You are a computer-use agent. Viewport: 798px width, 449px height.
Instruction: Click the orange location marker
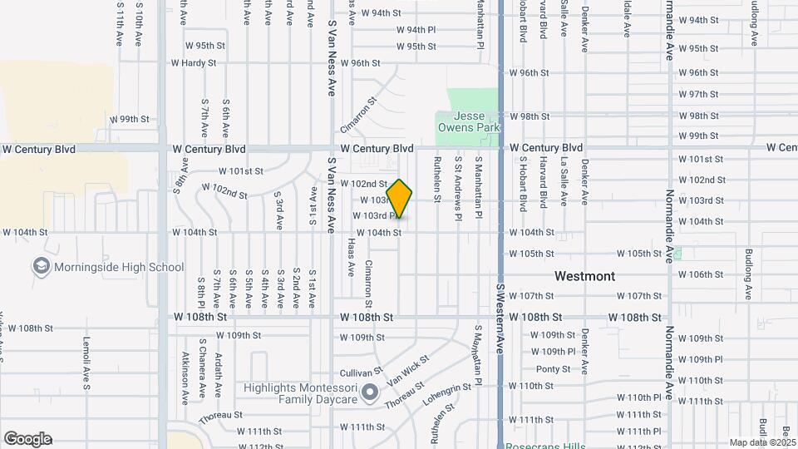[x=399, y=199]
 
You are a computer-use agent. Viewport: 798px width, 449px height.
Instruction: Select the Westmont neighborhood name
[x=585, y=276]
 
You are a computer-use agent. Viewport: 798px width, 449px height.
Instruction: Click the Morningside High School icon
[x=40, y=267]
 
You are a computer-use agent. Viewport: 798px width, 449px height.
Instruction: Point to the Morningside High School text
[x=119, y=267]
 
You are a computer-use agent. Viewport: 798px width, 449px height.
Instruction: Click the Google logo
[x=27, y=439]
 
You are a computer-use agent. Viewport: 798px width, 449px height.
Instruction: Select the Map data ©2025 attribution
[x=761, y=442]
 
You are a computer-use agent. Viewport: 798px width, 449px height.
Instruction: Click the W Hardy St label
[x=194, y=62]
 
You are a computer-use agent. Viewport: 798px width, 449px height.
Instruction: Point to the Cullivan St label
[x=360, y=372]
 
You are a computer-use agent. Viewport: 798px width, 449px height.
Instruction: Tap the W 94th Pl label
[x=416, y=29]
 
